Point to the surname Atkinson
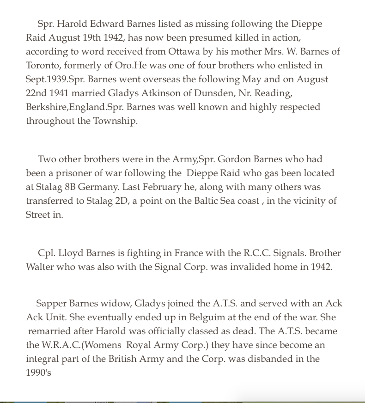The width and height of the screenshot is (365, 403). pos(133,93)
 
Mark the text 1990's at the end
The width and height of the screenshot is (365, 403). pos(38,373)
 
